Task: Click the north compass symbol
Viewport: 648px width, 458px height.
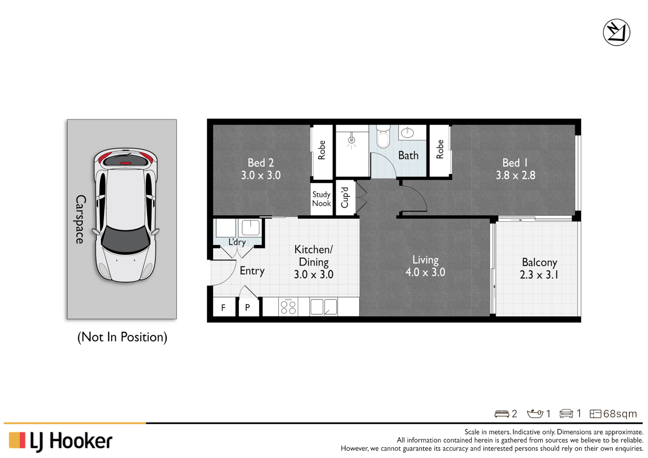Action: (x=616, y=32)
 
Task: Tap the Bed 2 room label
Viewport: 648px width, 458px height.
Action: (x=261, y=163)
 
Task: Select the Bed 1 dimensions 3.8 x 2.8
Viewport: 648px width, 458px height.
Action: (x=516, y=176)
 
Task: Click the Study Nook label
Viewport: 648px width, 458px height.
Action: (x=321, y=199)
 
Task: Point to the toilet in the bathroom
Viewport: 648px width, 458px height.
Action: (x=383, y=136)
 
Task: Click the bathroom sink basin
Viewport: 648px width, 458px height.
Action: (x=407, y=133)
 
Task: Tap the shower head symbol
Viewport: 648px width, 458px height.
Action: (x=351, y=140)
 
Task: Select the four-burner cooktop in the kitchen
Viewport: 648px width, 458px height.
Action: (x=288, y=307)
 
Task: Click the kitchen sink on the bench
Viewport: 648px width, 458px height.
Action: (x=323, y=307)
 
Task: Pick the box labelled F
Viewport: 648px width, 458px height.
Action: (x=223, y=307)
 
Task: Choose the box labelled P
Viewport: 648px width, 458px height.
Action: (x=247, y=307)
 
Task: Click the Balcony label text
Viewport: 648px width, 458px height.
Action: (x=539, y=263)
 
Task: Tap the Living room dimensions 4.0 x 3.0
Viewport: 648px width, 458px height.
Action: (x=425, y=273)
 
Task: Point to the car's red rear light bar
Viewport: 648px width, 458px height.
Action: (x=126, y=163)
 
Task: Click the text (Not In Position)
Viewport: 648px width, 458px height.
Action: (x=122, y=337)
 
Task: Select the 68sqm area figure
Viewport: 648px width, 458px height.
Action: (x=620, y=414)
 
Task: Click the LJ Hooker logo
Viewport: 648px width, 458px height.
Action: (x=60, y=441)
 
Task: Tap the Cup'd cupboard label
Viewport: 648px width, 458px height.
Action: (x=345, y=198)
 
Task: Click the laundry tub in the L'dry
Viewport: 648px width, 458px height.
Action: (x=250, y=228)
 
